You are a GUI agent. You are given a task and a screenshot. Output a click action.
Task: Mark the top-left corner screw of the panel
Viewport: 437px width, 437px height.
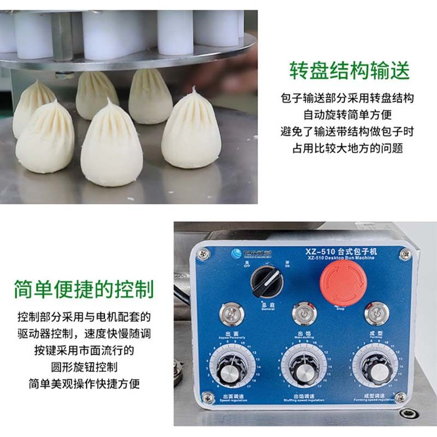[203, 252]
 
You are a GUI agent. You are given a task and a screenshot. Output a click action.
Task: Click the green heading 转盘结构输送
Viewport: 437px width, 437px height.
[349, 71]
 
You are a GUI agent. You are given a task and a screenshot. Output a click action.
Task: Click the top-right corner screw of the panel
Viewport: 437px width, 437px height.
[405, 253]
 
